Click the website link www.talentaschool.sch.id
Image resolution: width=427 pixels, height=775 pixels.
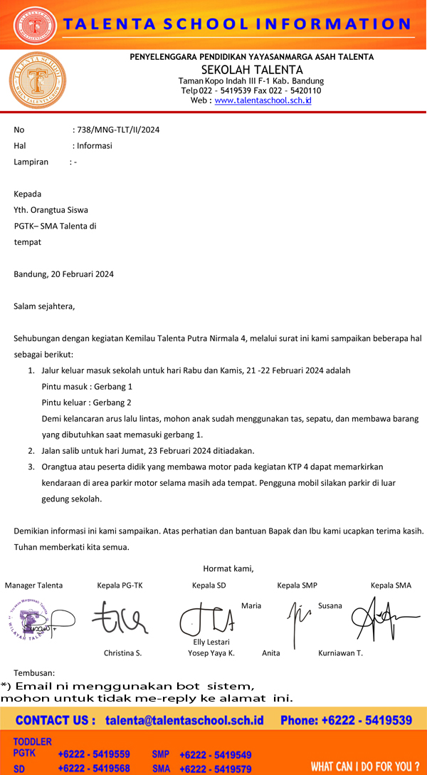click(x=263, y=101)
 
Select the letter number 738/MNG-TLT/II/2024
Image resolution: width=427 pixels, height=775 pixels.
click(x=117, y=130)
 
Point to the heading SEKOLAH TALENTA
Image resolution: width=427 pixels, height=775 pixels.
click(x=252, y=70)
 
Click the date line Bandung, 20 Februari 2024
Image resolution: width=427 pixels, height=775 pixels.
click(x=63, y=274)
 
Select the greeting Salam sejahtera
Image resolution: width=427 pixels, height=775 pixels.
click(x=44, y=306)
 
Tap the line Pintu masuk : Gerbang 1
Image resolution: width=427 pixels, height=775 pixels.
click(x=87, y=386)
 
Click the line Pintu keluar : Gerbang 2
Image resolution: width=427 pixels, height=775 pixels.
click(x=87, y=402)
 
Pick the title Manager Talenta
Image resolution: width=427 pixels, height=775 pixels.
click(x=33, y=586)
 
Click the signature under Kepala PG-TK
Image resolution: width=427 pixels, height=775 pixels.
click(x=119, y=618)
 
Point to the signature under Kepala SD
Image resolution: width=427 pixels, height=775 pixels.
click(x=206, y=618)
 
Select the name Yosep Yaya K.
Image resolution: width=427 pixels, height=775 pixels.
click(x=211, y=653)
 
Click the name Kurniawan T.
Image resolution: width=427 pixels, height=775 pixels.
click(x=340, y=653)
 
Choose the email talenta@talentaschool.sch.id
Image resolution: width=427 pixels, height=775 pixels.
click(x=184, y=720)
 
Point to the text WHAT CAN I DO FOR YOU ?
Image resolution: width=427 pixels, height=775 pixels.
click(x=365, y=767)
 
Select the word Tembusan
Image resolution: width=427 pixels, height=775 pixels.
click(x=34, y=672)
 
